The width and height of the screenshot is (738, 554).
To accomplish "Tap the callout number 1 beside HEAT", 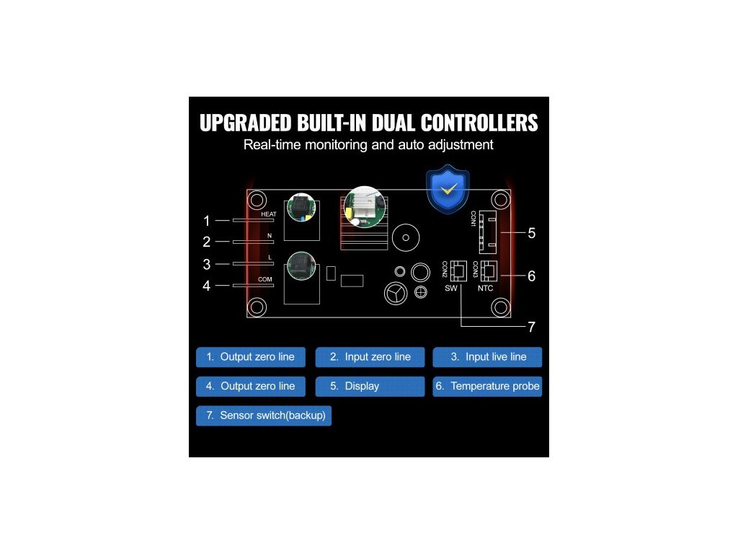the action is coord(207,221).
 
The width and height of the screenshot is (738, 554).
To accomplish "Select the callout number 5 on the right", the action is coord(531,233).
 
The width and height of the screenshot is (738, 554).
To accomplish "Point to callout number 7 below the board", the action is coord(531,327).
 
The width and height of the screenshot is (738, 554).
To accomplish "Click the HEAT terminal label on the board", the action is coord(268,214).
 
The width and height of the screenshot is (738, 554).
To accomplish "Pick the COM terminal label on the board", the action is coord(265,278).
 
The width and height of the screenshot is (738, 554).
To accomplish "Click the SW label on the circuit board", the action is coord(451,289).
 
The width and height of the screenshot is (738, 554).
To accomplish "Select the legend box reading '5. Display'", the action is coord(370,386).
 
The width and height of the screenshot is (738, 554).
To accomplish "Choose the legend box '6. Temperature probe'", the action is coord(487,386).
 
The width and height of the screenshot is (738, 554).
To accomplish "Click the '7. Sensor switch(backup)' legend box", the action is coord(264,415).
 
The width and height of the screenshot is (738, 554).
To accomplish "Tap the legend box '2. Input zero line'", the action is coord(370,356).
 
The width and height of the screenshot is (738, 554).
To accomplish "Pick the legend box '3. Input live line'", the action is coord(487,356).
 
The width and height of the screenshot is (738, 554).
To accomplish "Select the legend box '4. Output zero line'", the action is coord(250,386).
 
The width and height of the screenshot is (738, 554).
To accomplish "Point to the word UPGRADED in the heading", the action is coord(245,123).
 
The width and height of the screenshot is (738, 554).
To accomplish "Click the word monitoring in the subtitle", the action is coord(332,145).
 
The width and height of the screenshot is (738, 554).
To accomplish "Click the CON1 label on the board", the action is coord(474,219).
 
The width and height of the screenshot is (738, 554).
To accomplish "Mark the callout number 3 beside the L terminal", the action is coord(207,264).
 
